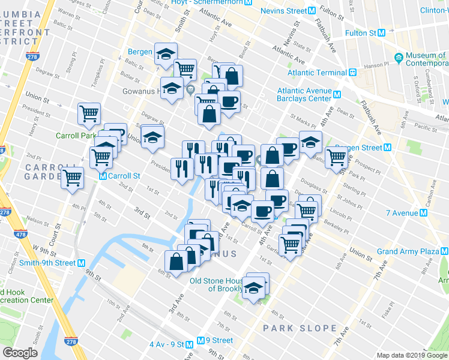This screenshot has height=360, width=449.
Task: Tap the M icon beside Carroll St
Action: tap(103, 176)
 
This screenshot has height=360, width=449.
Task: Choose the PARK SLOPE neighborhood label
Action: tap(299, 328)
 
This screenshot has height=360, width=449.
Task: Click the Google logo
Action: tap(20, 353)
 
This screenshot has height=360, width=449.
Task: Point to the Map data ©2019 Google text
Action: tap(412, 355)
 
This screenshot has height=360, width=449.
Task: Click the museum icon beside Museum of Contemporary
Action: tap(399, 58)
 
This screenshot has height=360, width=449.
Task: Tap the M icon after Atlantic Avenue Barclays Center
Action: tap(337, 94)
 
